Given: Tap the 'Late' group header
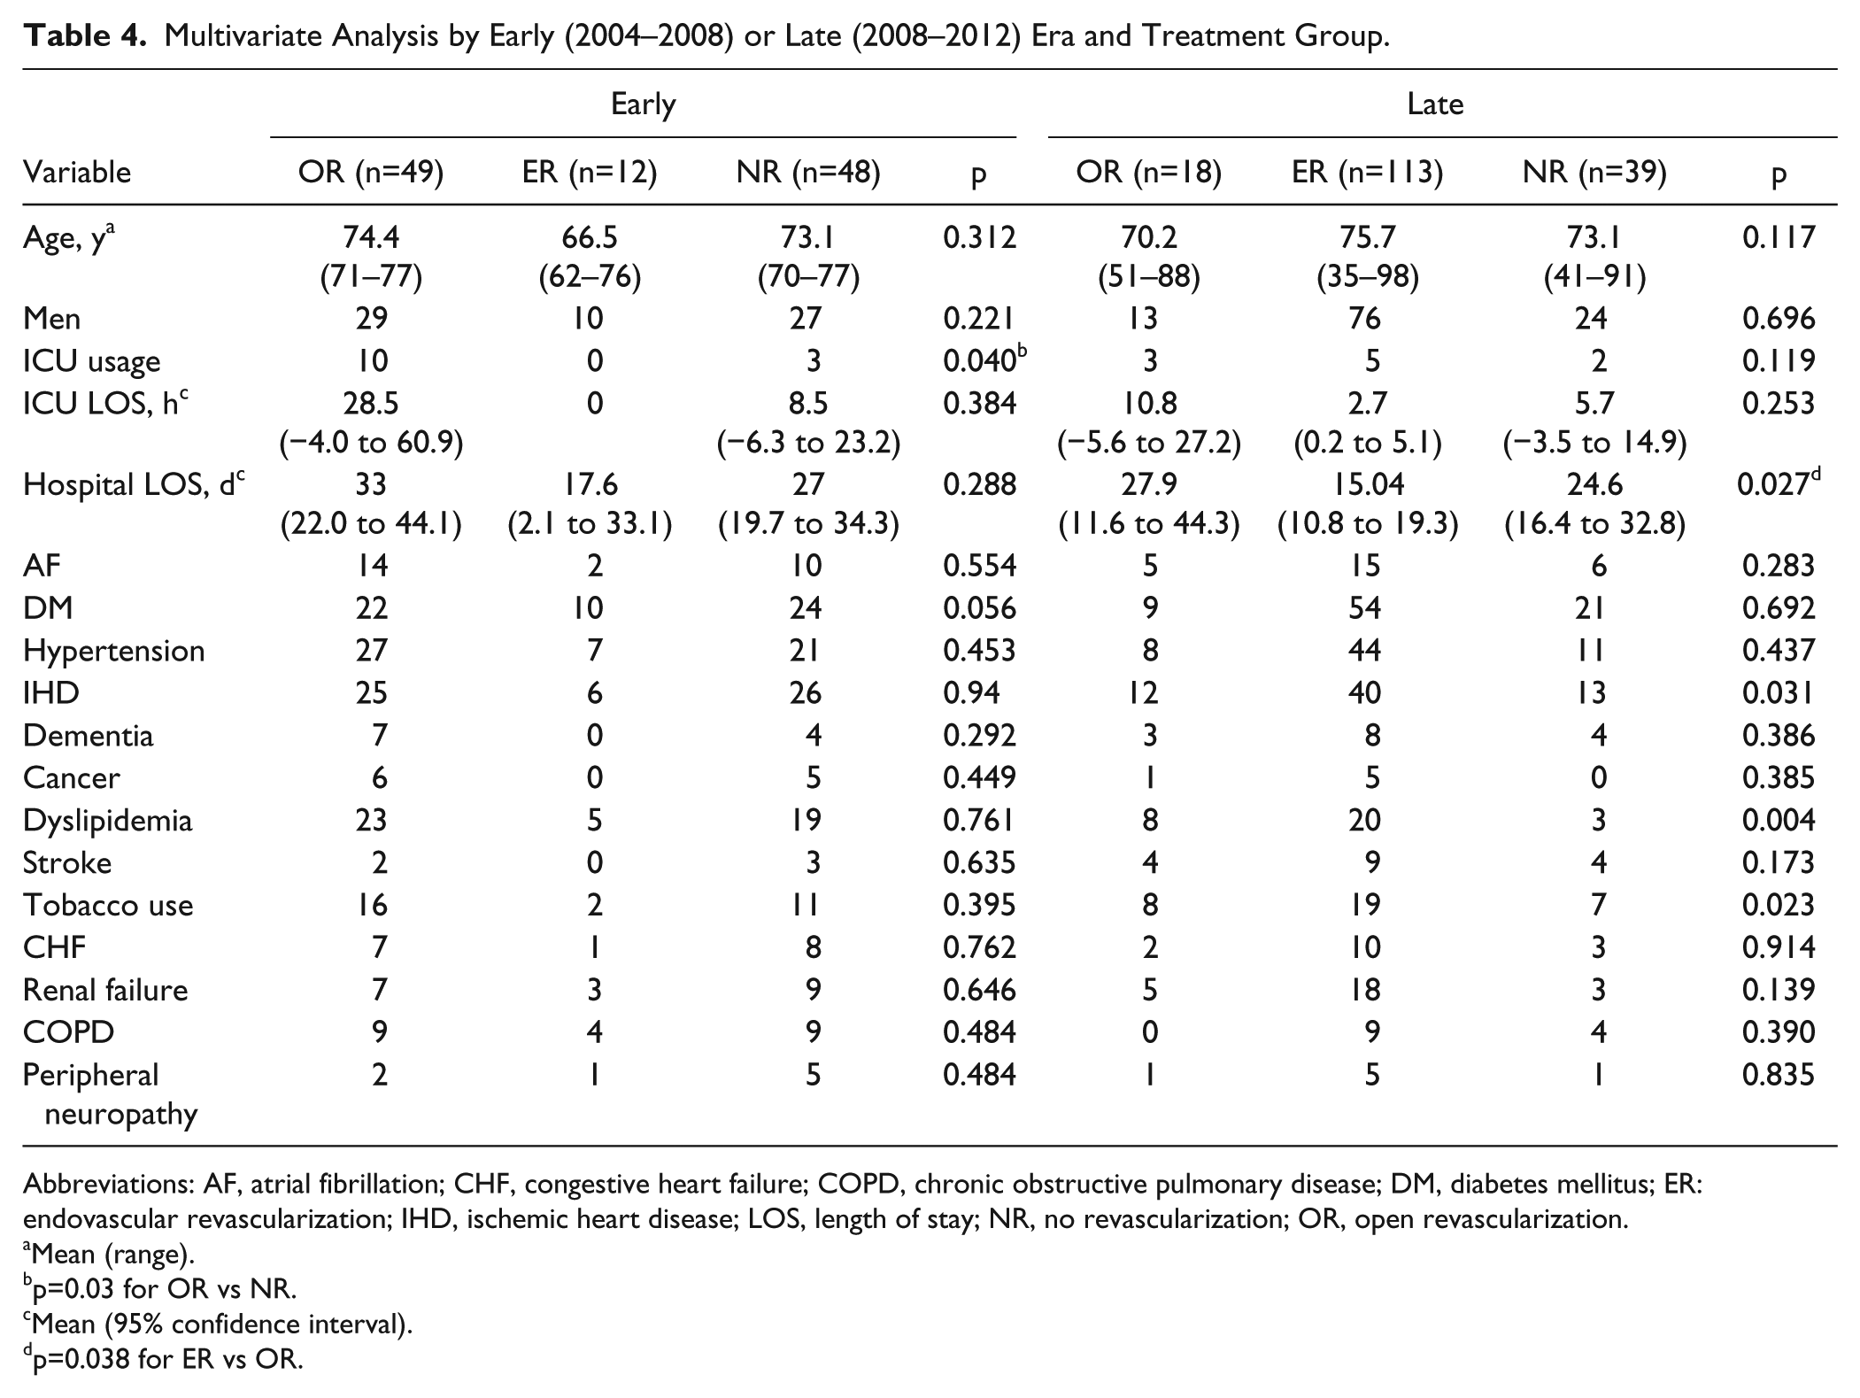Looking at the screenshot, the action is pyautogui.click(x=1435, y=104).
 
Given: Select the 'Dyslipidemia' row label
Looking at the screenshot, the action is pyautogui.click(x=107, y=821).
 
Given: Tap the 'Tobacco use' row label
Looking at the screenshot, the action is pyautogui.click(x=108, y=905).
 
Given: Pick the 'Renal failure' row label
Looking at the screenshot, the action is pyautogui.click(x=105, y=990).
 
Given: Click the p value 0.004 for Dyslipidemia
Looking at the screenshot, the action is pyautogui.click(x=1779, y=821).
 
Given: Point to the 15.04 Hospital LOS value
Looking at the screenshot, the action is pyautogui.click(x=1367, y=485).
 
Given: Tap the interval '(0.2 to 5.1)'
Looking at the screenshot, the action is pyautogui.click(x=1368, y=443).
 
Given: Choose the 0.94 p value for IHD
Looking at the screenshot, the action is pyautogui.click(x=972, y=693).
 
